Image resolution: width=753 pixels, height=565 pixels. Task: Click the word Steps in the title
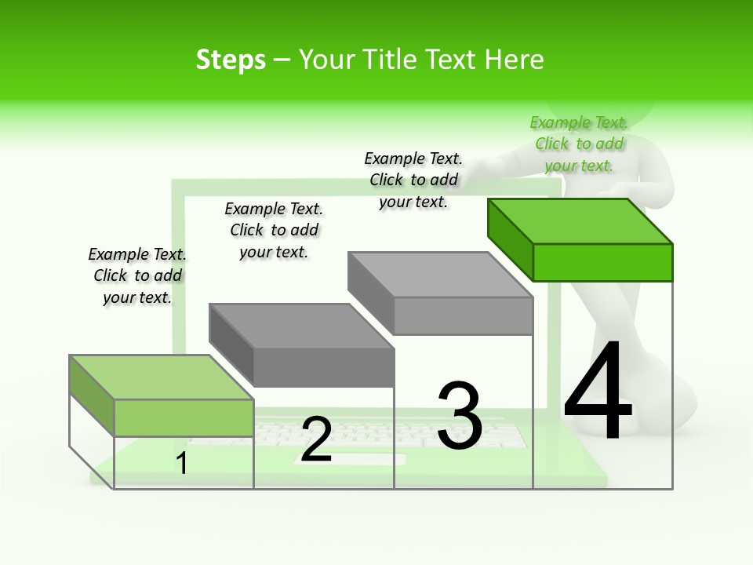point(231,60)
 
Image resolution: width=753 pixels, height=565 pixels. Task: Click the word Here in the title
point(514,60)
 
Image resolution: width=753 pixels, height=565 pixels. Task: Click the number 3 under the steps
point(459,416)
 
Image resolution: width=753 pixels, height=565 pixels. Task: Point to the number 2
point(316,439)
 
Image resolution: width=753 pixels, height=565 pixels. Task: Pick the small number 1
point(182,463)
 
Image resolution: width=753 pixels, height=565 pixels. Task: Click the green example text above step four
point(579,144)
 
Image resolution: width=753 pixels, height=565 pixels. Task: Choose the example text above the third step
point(413,180)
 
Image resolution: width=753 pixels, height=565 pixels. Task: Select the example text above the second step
point(274,230)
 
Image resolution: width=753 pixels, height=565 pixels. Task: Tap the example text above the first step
point(137,275)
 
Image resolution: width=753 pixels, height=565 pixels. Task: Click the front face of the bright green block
point(602,262)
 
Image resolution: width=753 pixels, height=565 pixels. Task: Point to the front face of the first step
point(184,417)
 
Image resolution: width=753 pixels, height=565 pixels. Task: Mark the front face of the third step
point(463,315)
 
